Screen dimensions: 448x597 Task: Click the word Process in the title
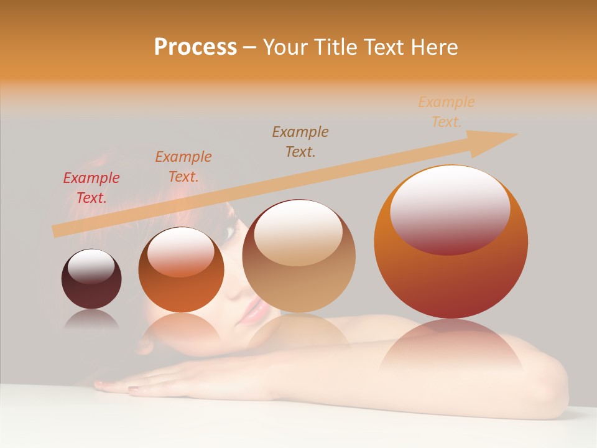(195, 47)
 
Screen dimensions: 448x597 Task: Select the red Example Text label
(91, 188)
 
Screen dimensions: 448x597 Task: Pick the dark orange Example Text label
(183, 167)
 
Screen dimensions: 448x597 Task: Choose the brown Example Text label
(300, 141)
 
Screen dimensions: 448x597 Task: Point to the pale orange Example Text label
(447, 112)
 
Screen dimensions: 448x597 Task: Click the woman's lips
(254, 310)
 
